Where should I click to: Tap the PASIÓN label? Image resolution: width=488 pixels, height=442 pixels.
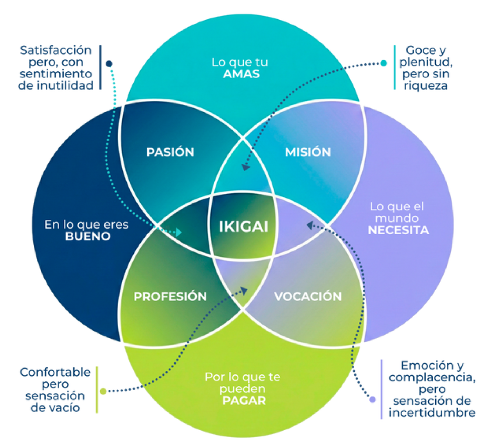pyautogui.click(x=170, y=152)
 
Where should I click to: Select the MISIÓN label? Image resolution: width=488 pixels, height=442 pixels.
pyautogui.click(x=308, y=152)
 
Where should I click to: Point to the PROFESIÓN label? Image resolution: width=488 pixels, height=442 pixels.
pyautogui.click(x=170, y=297)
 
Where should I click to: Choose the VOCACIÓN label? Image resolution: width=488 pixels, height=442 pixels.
pyautogui.click(x=308, y=296)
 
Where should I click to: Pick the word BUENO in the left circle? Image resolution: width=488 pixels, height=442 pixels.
pyautogui.click(x=88, y=236)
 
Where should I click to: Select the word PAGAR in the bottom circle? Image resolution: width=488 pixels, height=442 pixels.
pyautogui.click(x=243, y=400)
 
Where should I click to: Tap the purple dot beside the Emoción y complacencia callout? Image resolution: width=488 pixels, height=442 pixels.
pyautogui.click(x=373, y=400)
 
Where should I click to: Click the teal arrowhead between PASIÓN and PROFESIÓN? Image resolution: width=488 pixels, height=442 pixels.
pyautogui.click(x=179, y=232)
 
